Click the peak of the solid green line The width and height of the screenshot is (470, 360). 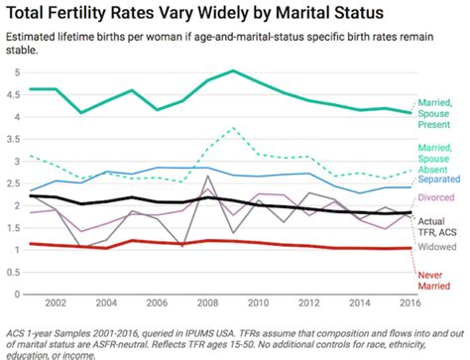pos(232,71)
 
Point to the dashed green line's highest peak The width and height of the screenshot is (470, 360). pos(232,128)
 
